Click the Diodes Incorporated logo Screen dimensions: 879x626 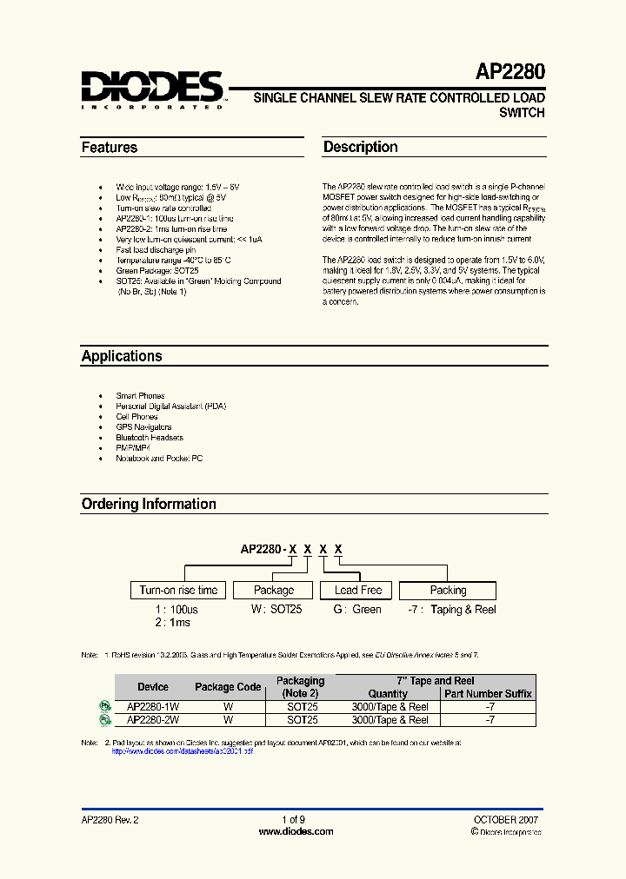[153, 89]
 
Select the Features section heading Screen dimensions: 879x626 [110, 148]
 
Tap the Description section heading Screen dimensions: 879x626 [361, 148]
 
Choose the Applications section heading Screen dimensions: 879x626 [122, 356]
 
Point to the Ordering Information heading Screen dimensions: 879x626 [149, 504]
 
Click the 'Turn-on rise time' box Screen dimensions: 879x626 [178, 591]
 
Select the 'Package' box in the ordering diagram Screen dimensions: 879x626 [273, 591]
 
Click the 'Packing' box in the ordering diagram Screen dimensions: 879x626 [448, 591]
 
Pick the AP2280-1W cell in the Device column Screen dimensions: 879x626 [153, 707]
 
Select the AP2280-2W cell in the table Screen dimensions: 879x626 [153, 720]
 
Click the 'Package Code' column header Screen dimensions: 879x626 [228, 687]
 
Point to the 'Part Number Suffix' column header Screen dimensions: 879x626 [488, 694]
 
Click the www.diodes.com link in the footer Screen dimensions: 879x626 [296, 831]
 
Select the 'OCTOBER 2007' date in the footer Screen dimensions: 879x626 [505, 820]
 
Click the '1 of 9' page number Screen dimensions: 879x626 [294, 820]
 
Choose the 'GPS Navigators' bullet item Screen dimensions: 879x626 [144, 427]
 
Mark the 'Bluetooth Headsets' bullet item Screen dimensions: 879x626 [150, 438]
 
